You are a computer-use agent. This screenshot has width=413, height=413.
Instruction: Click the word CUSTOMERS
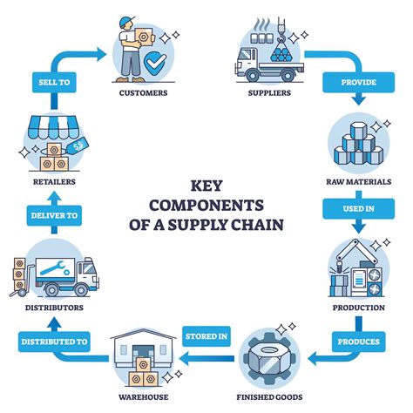pyautogui.click(x=142, y=92)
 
